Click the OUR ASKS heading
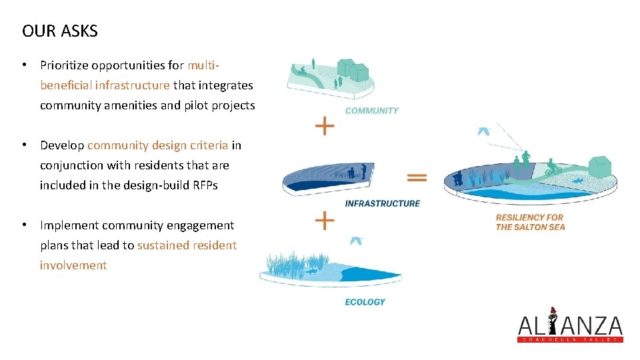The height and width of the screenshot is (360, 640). tap(60, 31)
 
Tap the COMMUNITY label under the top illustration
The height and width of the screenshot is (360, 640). tap(371, 111)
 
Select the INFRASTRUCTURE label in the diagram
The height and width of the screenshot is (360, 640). tap(382, 203)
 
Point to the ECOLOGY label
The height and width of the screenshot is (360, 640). tap(365, 302)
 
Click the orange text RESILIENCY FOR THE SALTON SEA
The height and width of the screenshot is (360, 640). tap(530, 222)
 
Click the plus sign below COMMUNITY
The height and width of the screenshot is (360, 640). tap(325, 125)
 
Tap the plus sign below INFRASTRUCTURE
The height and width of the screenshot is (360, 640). tap(325, 220)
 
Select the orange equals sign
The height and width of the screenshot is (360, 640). tap(417, 177)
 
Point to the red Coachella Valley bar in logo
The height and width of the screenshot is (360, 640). tap(570, 339)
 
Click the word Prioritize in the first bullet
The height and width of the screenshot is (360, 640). tap(64, 65)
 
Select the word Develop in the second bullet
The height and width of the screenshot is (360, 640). tap(62, 145)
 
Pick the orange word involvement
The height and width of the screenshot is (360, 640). tap(73, 265)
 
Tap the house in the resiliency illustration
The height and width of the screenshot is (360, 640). tap(601, 163)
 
